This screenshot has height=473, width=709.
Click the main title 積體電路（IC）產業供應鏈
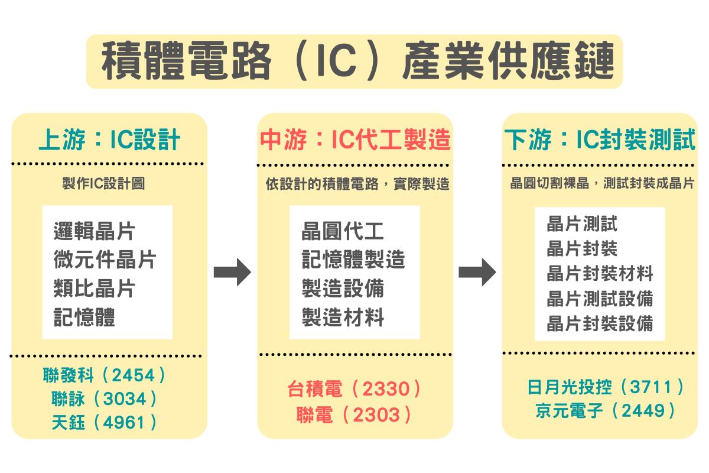point(357,60)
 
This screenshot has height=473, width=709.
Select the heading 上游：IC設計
point(109,140)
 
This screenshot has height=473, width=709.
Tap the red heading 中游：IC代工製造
point(355,140)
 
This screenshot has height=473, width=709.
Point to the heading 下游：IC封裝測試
point(600,140)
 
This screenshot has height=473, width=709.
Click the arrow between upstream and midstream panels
point(232,272)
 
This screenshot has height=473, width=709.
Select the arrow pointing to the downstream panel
point(477,272)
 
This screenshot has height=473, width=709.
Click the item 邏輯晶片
point(95,231)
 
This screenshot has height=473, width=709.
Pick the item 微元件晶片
point(105,259)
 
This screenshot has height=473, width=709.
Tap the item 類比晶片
point(95,288)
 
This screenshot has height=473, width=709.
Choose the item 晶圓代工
point(343,231)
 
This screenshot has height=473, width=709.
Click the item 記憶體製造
point(353,259)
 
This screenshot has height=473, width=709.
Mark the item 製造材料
point(343,317)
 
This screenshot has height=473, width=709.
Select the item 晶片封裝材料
point(600,273)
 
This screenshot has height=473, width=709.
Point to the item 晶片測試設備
point(600,299)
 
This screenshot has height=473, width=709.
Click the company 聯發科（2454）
point(104,375)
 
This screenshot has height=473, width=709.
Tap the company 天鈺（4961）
point(104,422)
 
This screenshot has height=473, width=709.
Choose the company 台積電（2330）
point(354,388)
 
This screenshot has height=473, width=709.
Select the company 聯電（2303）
point(354,414)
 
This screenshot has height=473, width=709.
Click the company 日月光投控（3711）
point(606,387)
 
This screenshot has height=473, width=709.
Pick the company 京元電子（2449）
point(605,410)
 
